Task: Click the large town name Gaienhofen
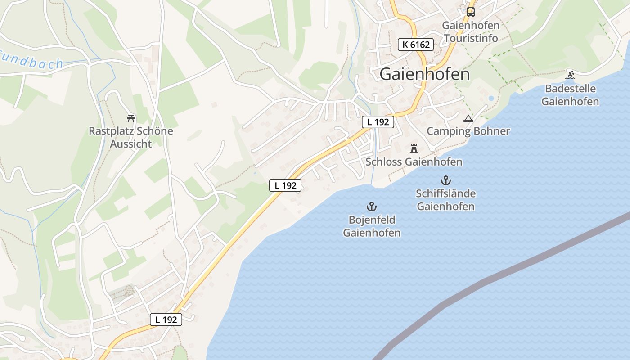click(424, 74)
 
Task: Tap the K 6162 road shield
click(416, 45)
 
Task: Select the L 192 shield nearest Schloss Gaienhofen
click(378, 121)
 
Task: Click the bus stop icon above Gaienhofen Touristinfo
click(470, 12)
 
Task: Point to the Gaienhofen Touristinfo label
click(471, 31)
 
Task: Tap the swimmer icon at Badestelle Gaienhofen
click(570, 75)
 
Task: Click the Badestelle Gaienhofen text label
click(570, 95)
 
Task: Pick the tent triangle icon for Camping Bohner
click(468, 119)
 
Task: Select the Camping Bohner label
click(468, 131)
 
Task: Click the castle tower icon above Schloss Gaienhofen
click(414, 148)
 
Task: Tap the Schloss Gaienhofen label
click(414, 162)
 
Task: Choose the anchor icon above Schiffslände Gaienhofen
click(445, 180)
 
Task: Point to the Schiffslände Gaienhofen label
click(445, 200)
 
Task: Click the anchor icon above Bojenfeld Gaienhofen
click(372, 207)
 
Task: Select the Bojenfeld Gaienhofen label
click(372, 226)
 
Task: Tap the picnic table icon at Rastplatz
click(131, 118)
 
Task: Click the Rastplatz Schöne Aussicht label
click(131, 138)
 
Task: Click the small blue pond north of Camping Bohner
click(490, 98)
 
